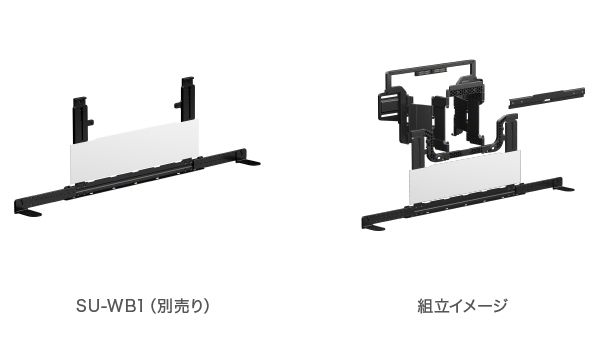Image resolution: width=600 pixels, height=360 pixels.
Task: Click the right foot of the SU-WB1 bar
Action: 249,161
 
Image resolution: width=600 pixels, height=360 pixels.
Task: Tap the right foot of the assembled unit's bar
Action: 565,187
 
